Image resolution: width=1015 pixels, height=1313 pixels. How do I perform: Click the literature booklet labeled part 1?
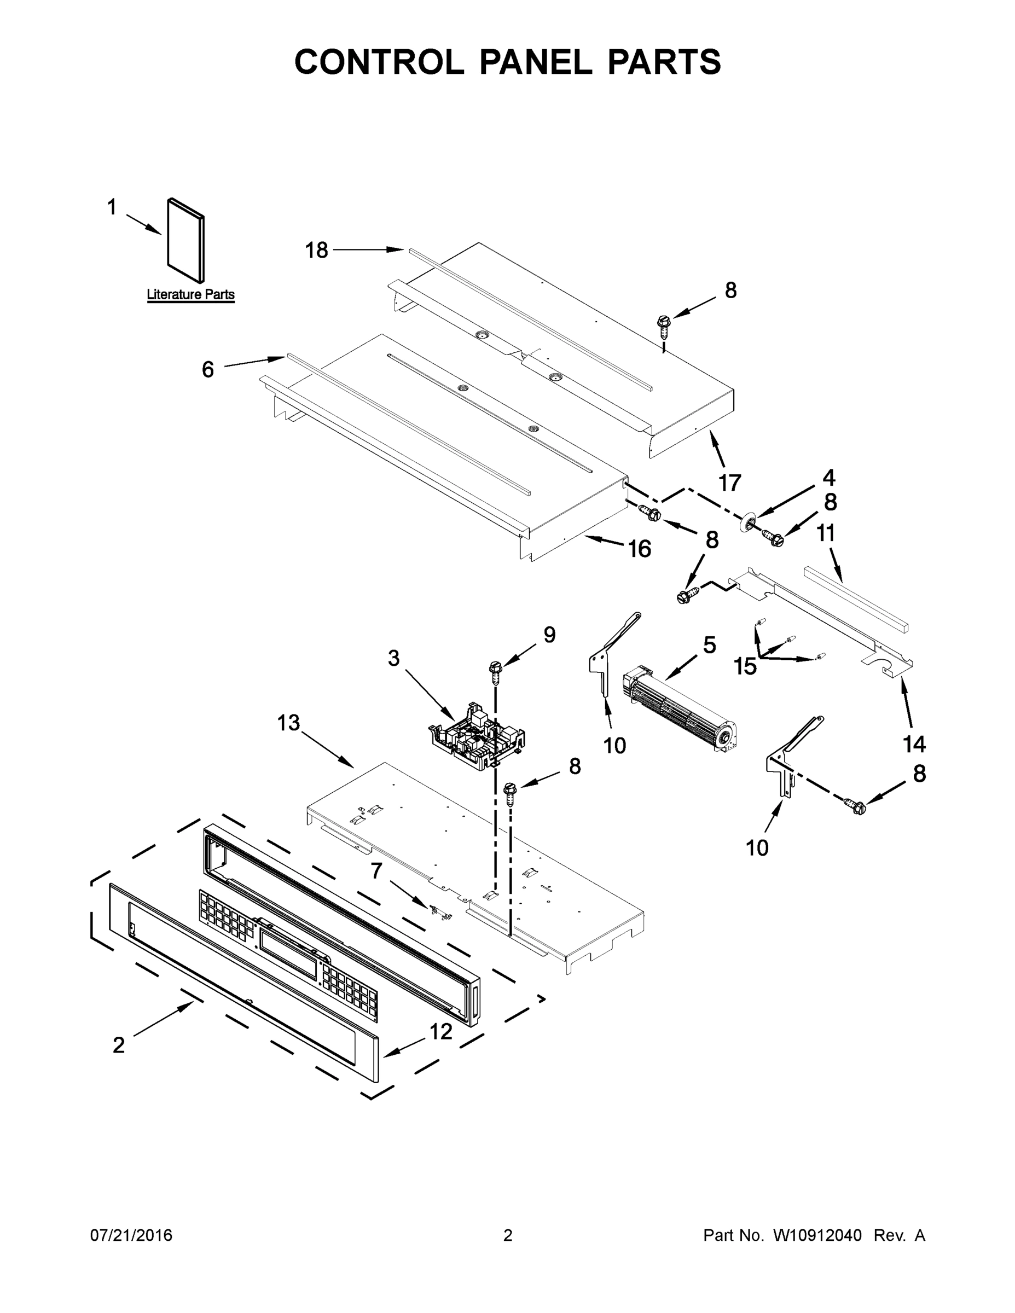[185, 241]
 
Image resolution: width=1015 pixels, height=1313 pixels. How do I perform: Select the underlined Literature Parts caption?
[190, 294]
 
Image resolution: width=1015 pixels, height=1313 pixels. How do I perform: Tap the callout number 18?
[316, 250]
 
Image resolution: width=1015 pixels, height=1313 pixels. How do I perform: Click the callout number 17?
[730, 482]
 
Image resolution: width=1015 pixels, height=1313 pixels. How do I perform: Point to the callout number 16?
[639, 548]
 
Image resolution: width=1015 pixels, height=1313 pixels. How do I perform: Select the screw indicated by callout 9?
[496, 671]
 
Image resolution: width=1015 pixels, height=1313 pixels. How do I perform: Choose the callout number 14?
[914, 744]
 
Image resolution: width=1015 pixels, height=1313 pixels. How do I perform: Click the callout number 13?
[288, 723]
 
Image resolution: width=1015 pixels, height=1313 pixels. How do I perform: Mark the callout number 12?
[441, 1032]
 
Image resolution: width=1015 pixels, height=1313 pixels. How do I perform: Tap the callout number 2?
[119, 1045]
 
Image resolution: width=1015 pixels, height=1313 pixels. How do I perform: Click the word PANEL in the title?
[535, 62]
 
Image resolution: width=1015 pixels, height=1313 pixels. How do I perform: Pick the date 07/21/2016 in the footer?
[131, 1235]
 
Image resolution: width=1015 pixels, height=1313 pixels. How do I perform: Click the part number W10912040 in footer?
[817, 1235]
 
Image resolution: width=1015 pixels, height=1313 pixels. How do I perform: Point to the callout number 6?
[207, 369]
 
